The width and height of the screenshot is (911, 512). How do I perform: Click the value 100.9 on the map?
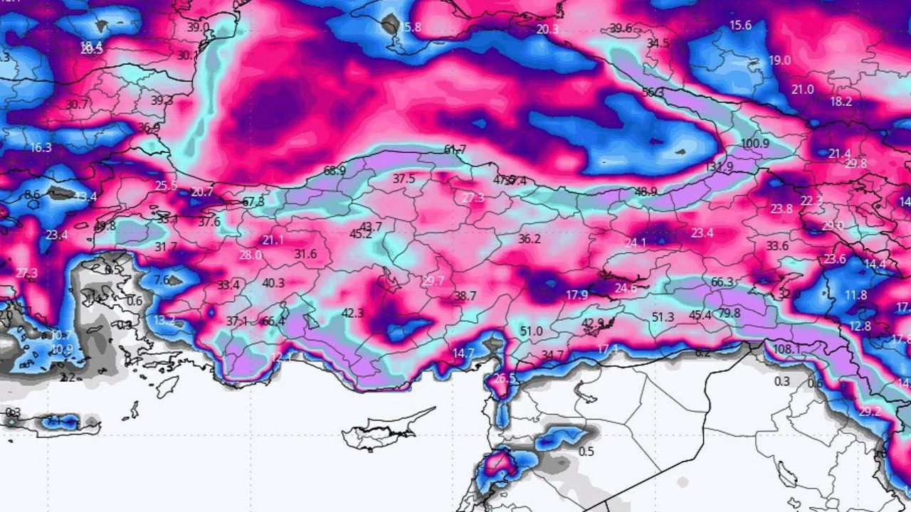pos(755,144)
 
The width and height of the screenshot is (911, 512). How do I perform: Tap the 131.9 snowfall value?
pos(719,167)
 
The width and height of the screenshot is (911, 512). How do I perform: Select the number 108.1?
pos(786,349)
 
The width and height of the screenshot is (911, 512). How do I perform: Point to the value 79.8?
pos(729,314)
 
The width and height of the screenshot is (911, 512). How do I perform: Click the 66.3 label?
pos(722,282)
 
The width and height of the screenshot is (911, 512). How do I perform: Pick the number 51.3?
pos(663,317)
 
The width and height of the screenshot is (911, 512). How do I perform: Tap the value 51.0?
pos(531,331)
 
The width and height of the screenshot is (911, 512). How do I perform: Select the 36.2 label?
pos(530,240)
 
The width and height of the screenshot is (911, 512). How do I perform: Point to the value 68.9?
pos(335,171)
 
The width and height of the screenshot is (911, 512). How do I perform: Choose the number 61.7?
pos(455,149)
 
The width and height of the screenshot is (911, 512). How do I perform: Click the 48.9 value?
pos(646,191)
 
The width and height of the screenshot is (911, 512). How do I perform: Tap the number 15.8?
pos(410,28)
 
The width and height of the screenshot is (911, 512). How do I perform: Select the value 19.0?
pos(779,60)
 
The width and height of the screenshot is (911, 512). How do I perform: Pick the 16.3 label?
pos(41,148)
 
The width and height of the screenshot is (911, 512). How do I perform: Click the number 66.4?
pos(273,321)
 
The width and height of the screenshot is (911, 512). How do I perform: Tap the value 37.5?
pos(404,179)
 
